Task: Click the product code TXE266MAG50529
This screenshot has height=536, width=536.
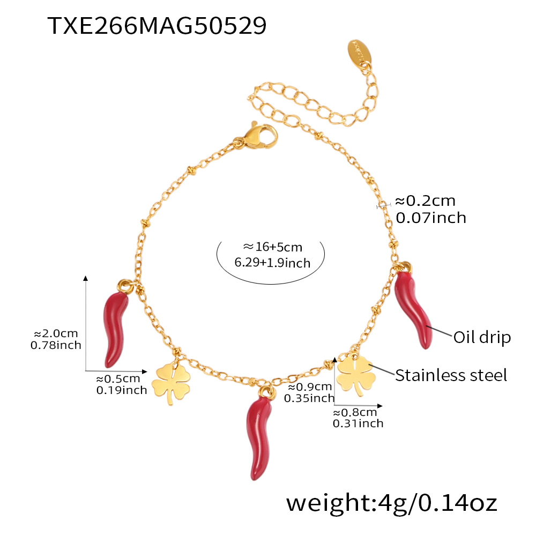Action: coord(157,26)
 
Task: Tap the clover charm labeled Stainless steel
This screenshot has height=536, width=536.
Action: coord(354,373)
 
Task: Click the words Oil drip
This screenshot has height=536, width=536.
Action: coord(482,338)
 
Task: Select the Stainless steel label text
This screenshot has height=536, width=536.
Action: coord(451,375)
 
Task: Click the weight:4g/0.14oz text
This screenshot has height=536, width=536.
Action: coord(391,503)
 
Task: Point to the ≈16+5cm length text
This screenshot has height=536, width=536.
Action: coord(272,247)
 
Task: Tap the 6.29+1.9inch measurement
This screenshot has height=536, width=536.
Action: coord(272,263)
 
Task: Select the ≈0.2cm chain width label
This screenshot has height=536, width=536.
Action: coord(425,201)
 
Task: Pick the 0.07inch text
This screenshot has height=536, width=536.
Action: coord(430,218)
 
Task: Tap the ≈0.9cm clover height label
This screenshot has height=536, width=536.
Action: coord(309,386)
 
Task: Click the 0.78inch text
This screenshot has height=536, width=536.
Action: coord(56,345)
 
